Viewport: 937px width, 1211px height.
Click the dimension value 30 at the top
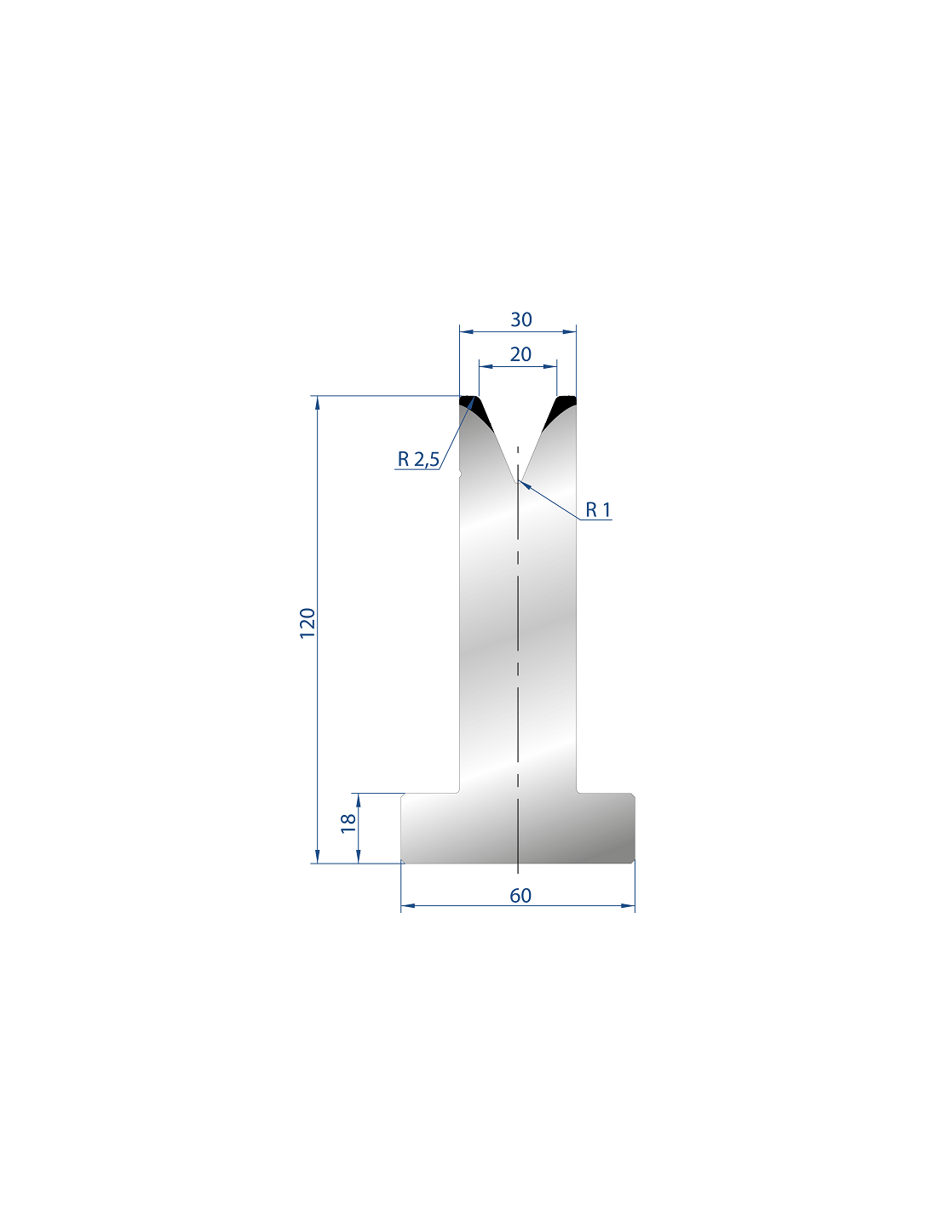click(x=520, y=319)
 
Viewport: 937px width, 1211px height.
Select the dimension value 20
click(x=520, y=354)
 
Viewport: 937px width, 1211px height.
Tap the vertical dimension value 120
click(x=308, y=623)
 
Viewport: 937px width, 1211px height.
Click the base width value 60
click(x=520, y=896)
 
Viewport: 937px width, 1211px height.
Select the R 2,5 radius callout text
click(x=418, y=459)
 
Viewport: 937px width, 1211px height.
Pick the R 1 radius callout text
click(x=598, y=509)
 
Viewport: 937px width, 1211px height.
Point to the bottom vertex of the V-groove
click(x=518, y=481)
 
